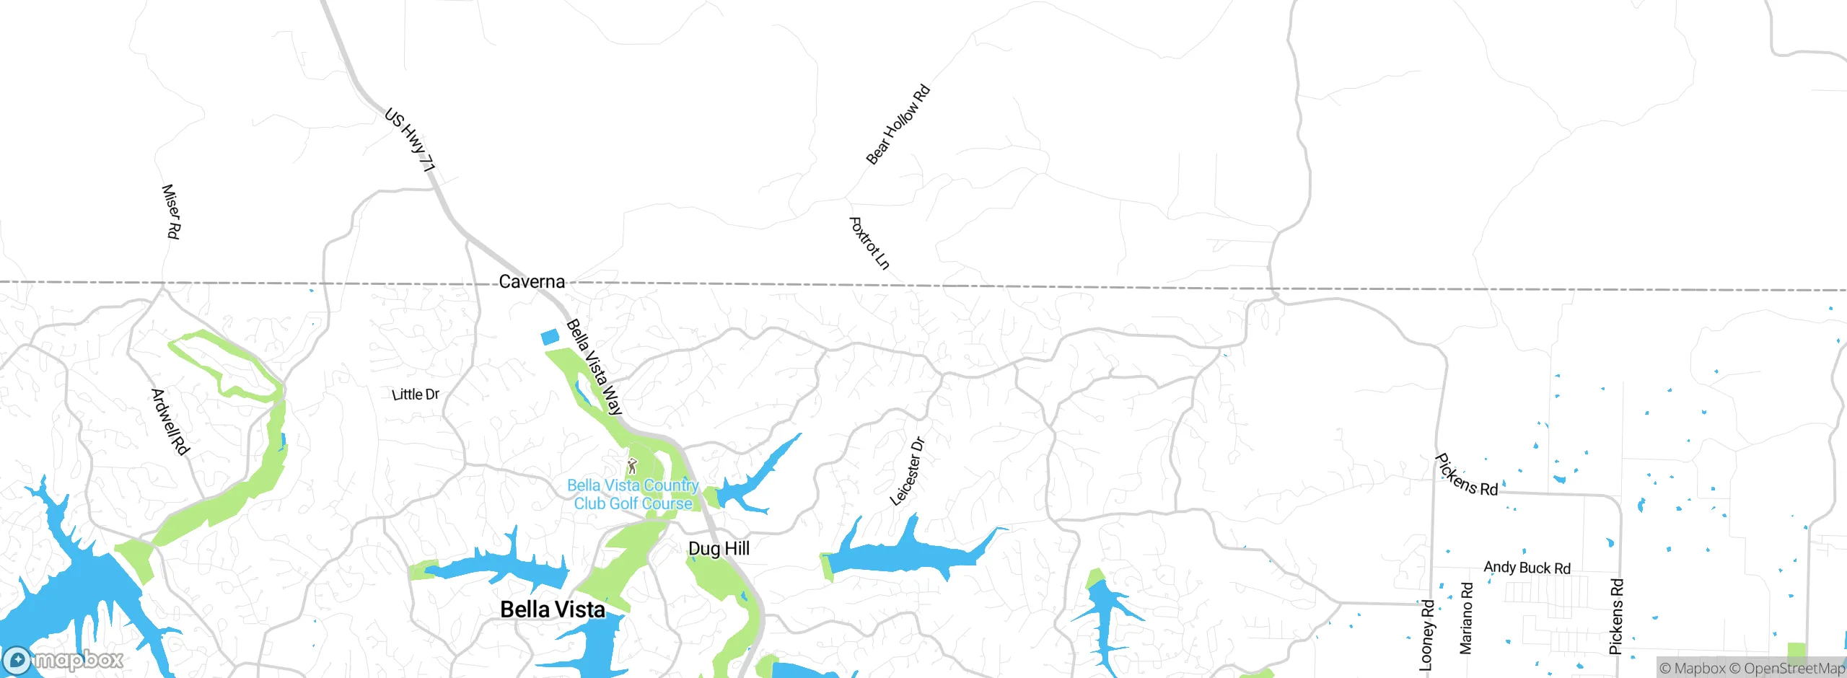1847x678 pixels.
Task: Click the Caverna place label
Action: coord(532,281)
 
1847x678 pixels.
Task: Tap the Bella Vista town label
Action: coord(553,609)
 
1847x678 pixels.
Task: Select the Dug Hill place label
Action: coord(719,549)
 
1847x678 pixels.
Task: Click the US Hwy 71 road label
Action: coord(410,140)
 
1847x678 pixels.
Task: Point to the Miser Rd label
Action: coord(171,211)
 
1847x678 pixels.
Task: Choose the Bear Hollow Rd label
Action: coord(898,125)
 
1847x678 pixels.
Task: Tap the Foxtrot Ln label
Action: coord(869,243)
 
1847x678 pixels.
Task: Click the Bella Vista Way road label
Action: coord(594,367)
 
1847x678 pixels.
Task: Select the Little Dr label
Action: coord(416,395)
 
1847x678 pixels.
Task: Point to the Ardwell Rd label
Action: coord(170,422)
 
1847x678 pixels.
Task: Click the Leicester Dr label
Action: coord(907,471)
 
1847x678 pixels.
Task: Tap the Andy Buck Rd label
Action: coord(1527,568)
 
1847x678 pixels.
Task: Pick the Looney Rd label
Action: coord(1426,635)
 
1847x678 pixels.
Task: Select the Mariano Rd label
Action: coord(1466,618)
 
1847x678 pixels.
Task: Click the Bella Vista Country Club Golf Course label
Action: coord(633,495)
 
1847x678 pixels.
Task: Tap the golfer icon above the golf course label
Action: coord(633,466)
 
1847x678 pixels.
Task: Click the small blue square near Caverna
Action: coord(550,337)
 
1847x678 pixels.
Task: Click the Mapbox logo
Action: coord(63,659)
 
